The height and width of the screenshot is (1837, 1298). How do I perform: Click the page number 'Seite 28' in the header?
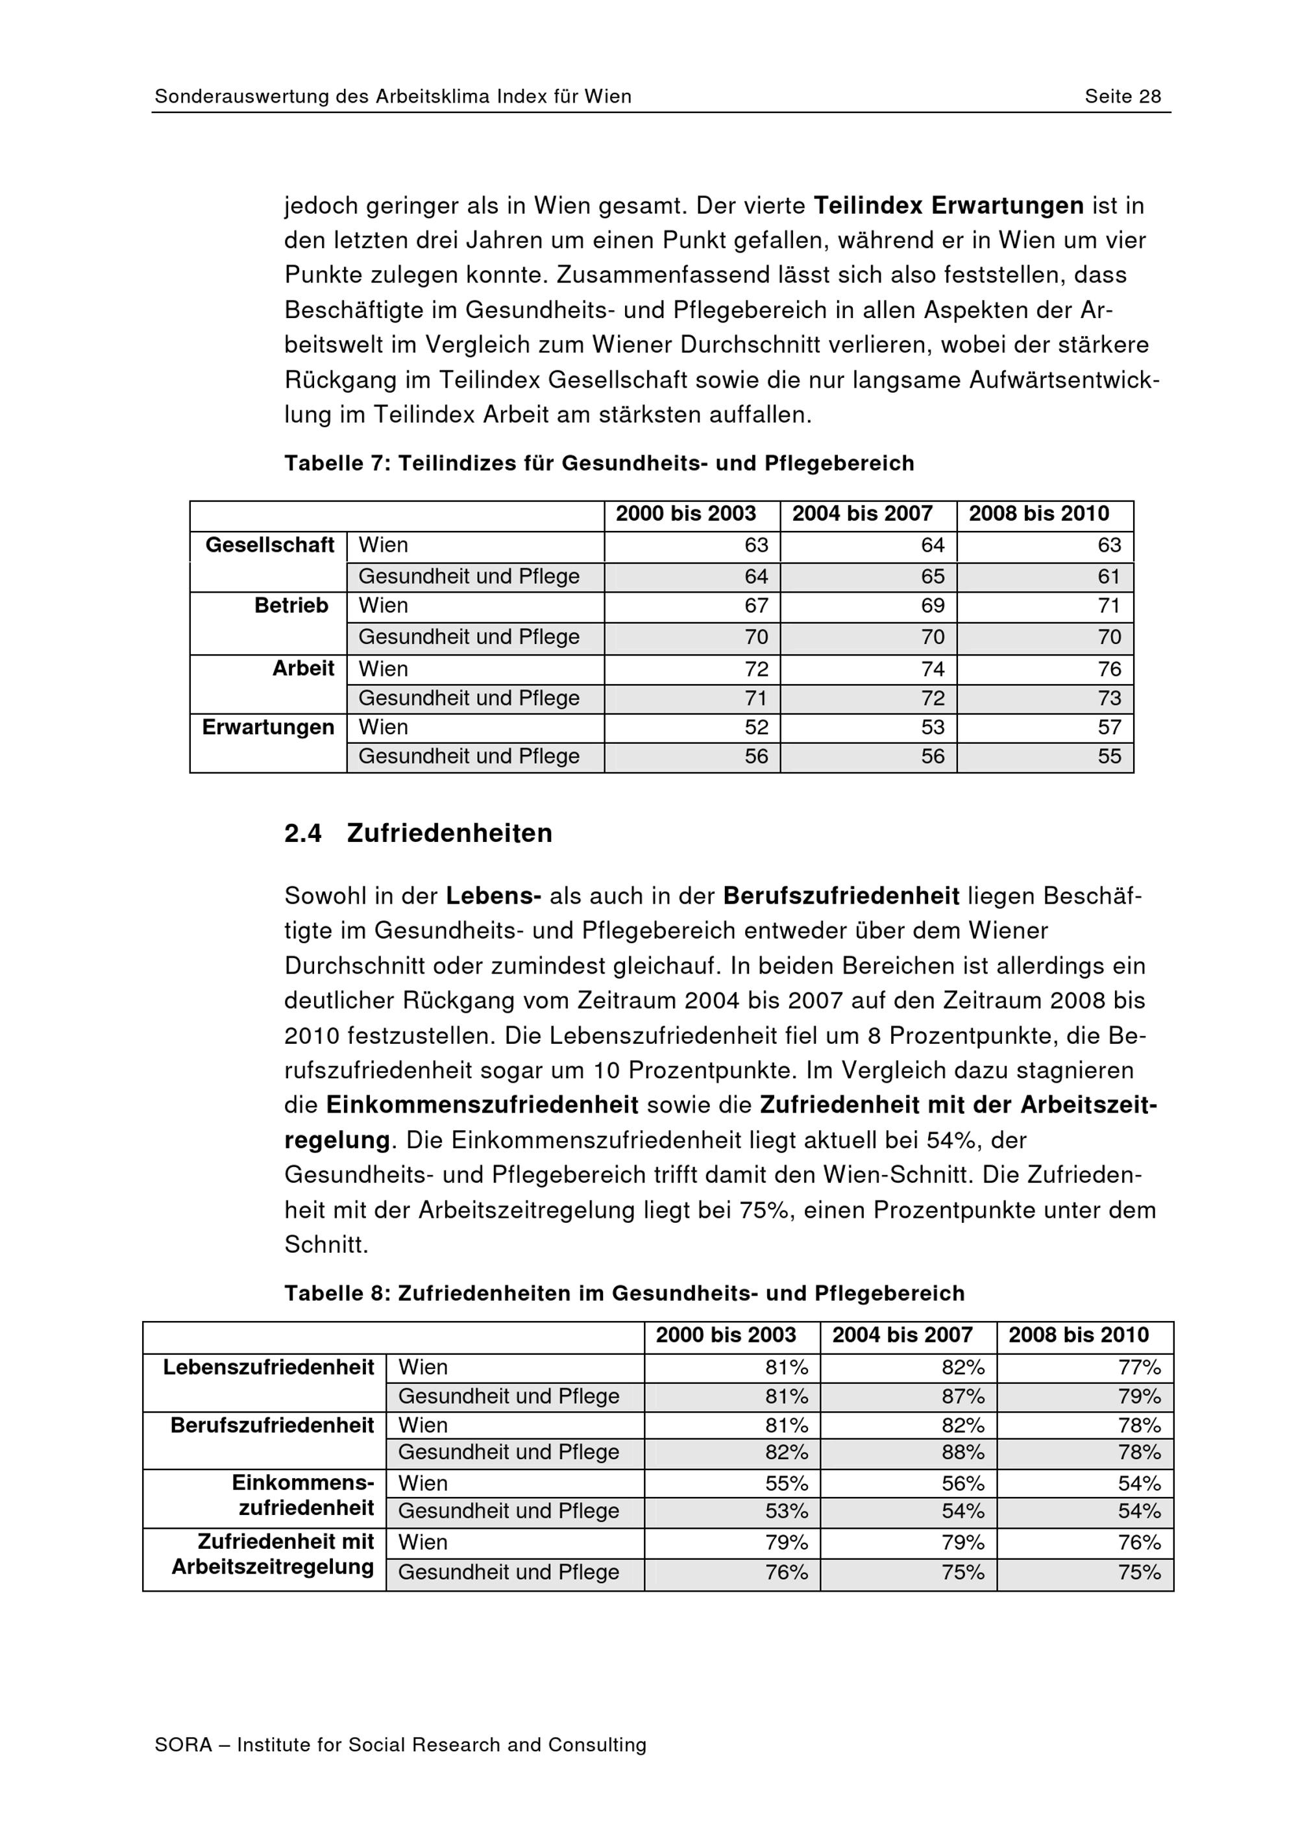[x=1122, y=97]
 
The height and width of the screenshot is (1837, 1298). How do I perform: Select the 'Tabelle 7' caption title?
[x=598, y=463]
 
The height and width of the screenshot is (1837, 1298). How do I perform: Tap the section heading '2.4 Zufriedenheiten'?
[x=418, y=833]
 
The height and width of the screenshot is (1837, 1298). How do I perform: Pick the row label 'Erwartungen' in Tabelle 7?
[x=268, y=727]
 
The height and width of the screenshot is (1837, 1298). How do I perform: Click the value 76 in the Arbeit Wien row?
[x=1109, y=669]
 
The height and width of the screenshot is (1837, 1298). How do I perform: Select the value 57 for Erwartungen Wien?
[x=1109, y=727]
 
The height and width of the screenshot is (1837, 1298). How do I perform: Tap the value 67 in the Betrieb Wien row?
[x=756, y=606]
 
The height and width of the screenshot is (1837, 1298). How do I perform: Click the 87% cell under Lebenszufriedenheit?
[x=963, y=1396]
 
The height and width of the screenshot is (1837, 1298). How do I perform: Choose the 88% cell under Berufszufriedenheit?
[x=963, y=1452]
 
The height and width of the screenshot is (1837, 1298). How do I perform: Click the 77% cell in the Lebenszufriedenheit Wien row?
[x=1140, y=1367]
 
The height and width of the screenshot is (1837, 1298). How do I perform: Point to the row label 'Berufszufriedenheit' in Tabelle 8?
[x=272, y=1425]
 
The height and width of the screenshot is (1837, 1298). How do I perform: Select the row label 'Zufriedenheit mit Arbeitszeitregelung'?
[x=273, y=1554]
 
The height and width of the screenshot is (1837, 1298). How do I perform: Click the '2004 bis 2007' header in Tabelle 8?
[x=902, y=1335]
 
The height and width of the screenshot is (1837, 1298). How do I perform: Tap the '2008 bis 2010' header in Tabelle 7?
[x=1039, y=513]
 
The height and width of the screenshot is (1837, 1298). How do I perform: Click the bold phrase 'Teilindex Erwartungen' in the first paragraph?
[x=948, y=206]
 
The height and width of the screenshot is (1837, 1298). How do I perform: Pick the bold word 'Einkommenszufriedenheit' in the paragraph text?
[x=482, y=1105]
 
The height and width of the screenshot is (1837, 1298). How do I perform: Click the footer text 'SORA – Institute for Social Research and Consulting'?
[x=400, y=1745]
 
